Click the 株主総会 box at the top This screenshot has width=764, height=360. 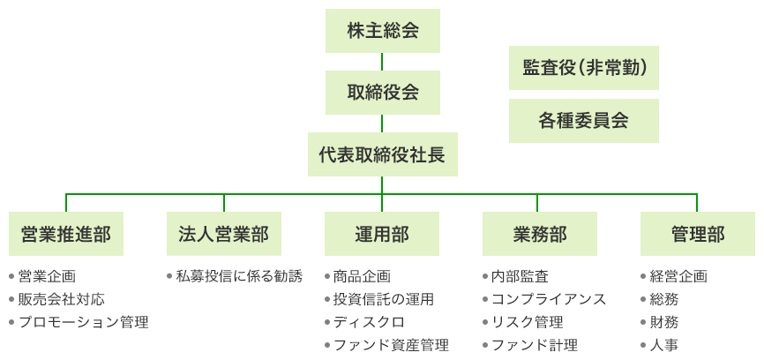coord(382,31)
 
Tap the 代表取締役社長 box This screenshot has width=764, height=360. coord(382,154)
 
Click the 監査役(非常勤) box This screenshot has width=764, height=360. coord(584,68)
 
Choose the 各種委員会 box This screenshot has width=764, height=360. coord(584,121)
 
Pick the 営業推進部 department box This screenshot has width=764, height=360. coord(66,234)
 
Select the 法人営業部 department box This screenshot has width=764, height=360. coord(224,234)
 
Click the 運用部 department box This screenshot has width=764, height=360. coord(382,234)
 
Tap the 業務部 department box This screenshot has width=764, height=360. coord(540,234)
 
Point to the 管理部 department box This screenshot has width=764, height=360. coord(698,234)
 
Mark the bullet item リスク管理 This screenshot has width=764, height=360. coord(527,322)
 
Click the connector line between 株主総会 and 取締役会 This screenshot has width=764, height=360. coord(382,62)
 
